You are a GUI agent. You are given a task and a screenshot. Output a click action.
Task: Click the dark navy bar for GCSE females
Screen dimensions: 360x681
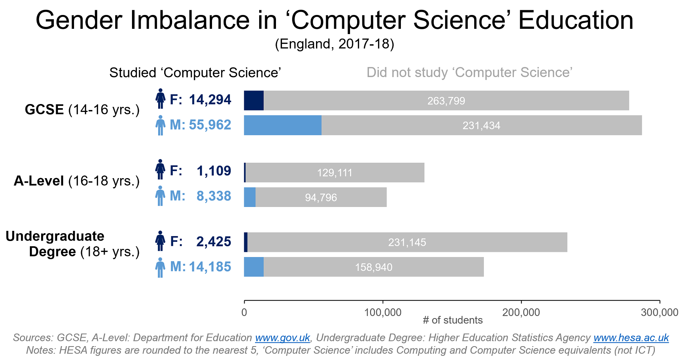pos(254,101)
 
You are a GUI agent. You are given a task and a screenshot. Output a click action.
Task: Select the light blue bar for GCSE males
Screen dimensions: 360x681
pos(283,125)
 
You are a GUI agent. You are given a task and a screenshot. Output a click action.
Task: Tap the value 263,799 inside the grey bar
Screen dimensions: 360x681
pos(446,101)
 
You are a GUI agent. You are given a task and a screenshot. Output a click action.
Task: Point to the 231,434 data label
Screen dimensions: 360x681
pos(481,126)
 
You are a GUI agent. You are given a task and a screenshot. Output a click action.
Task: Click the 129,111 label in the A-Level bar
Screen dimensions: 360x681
pos(335,173)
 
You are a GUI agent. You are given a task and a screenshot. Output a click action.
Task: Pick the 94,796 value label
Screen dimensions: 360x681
pos(321,198)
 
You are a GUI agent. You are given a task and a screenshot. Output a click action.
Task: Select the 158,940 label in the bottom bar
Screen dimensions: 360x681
pos(374,267)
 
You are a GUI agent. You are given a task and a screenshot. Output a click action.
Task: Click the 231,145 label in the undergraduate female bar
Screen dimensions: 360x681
pos(407,242)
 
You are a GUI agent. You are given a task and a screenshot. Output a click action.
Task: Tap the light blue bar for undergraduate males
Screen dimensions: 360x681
pos(254,267)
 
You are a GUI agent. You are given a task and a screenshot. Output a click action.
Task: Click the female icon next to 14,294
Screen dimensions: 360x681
pos(160,99)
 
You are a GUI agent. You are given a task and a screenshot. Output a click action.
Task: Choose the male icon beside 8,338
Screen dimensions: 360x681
pos(160,196)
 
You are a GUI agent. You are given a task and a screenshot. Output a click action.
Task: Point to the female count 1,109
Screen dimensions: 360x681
pos(214,171)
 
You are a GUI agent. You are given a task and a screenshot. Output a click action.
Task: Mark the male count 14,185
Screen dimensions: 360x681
pos(210,267)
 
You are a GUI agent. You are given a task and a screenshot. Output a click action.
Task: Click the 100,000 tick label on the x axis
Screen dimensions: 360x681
pos(383,312)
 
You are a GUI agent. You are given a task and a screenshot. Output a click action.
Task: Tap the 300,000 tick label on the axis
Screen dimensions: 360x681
pos(660,312)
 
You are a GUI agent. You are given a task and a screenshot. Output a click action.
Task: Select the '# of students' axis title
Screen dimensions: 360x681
pos(453,320)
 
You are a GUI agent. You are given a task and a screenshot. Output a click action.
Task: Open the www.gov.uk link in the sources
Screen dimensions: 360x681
pos(282,338)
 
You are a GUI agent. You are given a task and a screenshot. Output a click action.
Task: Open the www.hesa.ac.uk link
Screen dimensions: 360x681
pos(631,338)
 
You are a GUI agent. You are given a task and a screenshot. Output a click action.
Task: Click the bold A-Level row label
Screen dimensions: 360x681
pos(39,181)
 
